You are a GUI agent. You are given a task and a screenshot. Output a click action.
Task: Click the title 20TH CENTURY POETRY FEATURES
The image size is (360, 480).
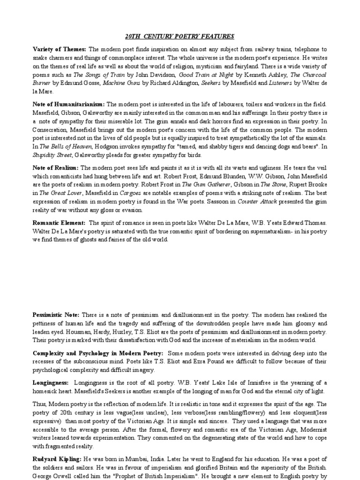[x=180, y=36]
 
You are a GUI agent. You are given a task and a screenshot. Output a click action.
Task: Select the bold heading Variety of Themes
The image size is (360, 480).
[x=59, y=49]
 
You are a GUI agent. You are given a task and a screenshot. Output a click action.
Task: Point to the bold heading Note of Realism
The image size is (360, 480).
[x=56, y=167]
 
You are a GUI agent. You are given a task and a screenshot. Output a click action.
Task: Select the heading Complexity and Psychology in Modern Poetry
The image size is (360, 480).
[x=98, y=353]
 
